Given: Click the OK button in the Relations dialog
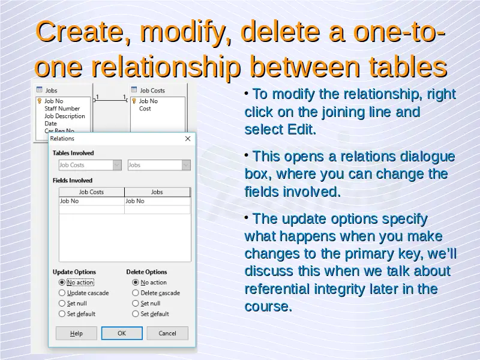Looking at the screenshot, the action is tap(122, 333).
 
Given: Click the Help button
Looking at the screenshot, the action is tap(76, 333).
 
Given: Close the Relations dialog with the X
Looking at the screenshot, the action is tap(188, 139).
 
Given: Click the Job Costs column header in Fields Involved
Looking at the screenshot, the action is tap(92, 192).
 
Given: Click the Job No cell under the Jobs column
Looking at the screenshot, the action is tap(157, 201).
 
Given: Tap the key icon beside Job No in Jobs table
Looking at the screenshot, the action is tap(40, 101).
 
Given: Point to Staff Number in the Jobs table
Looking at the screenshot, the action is tap(62, 109).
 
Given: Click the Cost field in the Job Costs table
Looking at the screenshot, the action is tap(145, 109).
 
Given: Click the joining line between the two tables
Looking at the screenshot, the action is tap(110, 100).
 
